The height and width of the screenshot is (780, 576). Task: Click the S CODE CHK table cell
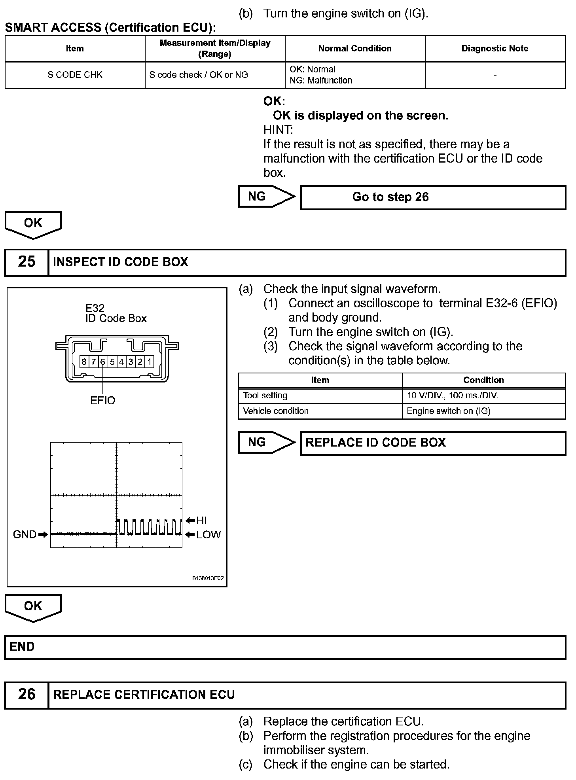[75, 75]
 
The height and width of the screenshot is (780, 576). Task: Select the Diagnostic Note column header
[495, 49]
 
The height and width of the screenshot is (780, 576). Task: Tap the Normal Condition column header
[355, 49]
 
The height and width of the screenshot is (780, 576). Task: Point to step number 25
[27, 262]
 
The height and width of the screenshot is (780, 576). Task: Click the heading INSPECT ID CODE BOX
[121, 262]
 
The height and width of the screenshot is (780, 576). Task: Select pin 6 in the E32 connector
[102, 362]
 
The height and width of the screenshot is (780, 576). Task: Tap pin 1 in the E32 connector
[150, 362]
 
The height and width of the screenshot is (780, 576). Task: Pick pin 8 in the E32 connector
[84, 362]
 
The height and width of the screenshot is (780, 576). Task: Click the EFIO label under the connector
[102, 400]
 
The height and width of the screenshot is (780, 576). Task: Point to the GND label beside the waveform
[25, 534]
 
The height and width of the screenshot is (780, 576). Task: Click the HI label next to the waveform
[201, 521]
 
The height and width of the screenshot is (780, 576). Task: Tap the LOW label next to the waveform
[208, 535]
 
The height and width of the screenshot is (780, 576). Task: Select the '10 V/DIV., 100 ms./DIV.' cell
[453, 395]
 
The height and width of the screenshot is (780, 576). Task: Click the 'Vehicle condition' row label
[276, 411]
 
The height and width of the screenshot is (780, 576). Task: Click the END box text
[22, 647]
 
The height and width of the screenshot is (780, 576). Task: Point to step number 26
[27, 694]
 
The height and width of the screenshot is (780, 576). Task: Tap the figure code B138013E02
[208, 578]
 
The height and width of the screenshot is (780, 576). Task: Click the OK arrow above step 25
[33, 224]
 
